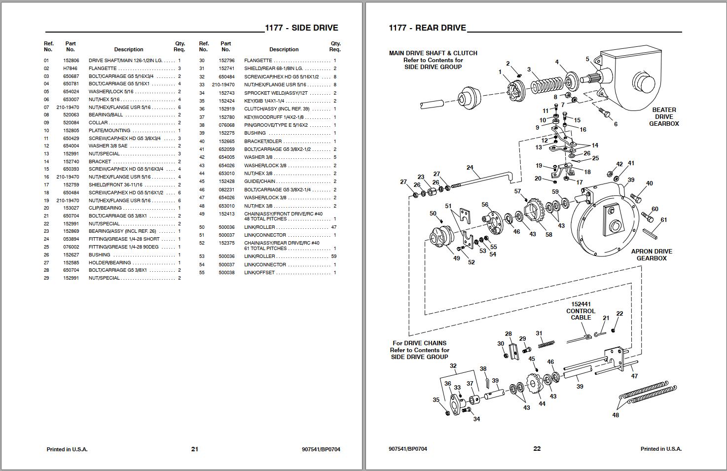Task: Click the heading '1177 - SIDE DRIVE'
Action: tap(301, 28)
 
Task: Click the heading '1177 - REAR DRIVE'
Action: tap(427, 28)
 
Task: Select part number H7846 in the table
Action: tap(70, 69)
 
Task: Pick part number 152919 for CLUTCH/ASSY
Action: tap(226, 109)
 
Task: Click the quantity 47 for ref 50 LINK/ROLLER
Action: tap(334, 227)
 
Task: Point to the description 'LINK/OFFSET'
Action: tap(259, 273)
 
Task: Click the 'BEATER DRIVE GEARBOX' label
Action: tap(664, 117)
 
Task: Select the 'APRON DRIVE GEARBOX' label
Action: tap(652, 255)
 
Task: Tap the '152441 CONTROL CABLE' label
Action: tap(581, 311)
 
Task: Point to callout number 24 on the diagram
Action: tap(470, 168)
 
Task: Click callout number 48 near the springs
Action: tap(616, 415)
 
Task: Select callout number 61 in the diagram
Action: tap(664, 220)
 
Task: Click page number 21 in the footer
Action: tap(194, 449)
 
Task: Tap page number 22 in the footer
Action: tap(537, 449)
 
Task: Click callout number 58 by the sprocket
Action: tap(548, 235)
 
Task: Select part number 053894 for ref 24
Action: tap(70, 239)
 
